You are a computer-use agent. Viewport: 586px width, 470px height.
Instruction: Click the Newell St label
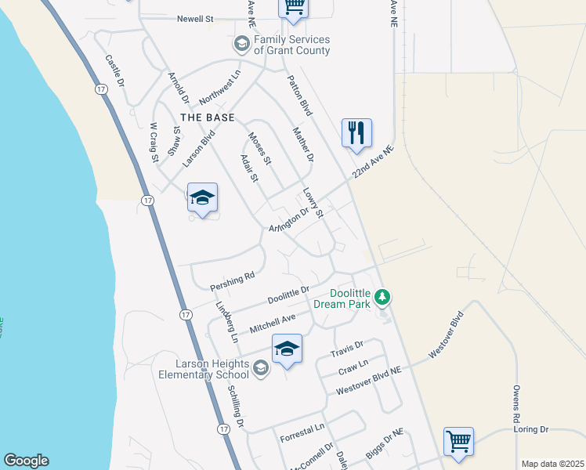(195, 19)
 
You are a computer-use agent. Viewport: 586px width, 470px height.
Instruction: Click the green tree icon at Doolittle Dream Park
(382, 297)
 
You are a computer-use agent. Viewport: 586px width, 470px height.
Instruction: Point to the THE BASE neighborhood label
(208, 117)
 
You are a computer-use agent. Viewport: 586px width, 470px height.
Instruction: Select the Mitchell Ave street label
(272, 321)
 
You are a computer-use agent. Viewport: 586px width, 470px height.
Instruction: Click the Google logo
(26, 461)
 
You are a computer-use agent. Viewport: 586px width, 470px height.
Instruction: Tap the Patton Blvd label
(299, 94)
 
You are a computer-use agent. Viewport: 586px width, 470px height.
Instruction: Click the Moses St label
(259, 148)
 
